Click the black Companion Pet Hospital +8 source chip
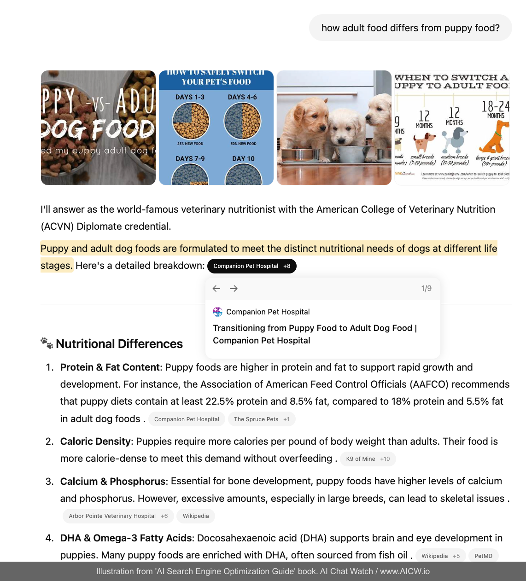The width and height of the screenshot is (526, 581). coord(251,266)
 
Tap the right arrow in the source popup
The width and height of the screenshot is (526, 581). coord(234,289)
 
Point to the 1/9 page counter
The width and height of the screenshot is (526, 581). coord(426,289)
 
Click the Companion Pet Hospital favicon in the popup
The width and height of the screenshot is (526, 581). coord(217,312)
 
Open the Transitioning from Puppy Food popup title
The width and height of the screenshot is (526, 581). coord(315,334)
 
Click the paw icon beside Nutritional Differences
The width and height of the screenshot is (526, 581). coord(47,343)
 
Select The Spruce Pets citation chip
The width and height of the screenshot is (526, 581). coord(261,419)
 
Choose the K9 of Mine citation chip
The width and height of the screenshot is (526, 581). coord(368,459)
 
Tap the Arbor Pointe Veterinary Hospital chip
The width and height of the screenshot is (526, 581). coord(118,516)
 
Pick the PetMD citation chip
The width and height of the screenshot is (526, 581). coord(483,556)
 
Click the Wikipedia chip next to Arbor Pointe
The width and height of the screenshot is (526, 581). coord(196,516)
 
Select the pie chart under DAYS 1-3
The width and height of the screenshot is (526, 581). coord(191,121)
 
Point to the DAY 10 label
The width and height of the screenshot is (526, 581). coord(243,159)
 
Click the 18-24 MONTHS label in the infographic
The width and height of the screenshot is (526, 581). coord(496,110)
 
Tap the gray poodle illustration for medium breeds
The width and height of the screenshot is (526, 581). coord(455,139)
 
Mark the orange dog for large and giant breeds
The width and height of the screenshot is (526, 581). coord(495,138)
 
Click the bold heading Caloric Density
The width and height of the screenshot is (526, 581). coord(95,442)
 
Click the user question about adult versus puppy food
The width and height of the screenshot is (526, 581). coord(410,28)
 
